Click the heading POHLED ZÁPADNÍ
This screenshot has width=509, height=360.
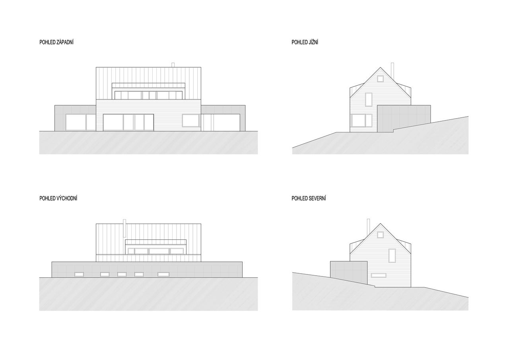[x=56, y=42]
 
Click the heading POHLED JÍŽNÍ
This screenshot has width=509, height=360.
[x=305, y=42]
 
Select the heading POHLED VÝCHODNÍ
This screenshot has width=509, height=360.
[x=58, y=198]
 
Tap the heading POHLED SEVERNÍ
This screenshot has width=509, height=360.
[x=309, y=198]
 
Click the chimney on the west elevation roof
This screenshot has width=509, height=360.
[x=173, y=65]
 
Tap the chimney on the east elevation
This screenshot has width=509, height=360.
[x=124, y=228]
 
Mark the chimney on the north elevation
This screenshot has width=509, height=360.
[x=368, y=228]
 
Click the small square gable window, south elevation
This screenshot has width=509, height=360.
[x=380, y=79]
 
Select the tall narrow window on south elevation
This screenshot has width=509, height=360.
[x=369, y=99]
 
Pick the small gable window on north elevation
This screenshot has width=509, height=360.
[x=380, y=235]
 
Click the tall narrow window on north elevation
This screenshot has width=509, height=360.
[x=392, y=256]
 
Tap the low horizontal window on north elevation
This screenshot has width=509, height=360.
[x=379, y=275]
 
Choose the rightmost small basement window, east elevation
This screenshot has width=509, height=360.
[x=163, y=274]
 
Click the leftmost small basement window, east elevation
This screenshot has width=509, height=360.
[x=79, y=274]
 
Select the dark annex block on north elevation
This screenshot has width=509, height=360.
[x=349, y=273]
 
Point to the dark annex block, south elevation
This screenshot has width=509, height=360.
[x=404, y=118]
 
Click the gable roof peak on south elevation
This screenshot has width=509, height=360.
[x=381, y=67]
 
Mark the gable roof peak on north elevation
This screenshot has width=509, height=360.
[x=381, y=224]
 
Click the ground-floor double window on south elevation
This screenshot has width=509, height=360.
[x=362, y=120]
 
